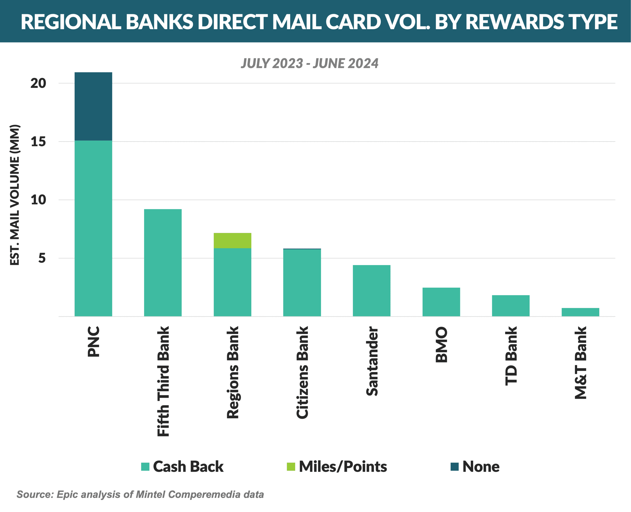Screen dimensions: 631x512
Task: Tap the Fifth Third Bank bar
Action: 163,263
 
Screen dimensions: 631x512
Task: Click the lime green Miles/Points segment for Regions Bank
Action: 232,241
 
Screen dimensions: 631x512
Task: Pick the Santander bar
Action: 371,291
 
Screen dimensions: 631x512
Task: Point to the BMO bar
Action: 441,302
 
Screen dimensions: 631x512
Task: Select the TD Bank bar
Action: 511,306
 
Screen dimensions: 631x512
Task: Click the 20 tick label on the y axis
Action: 38,83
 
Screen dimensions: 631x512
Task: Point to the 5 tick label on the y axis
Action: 42,258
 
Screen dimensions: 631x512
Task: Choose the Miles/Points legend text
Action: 343,467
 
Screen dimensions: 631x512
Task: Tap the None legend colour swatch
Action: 455,467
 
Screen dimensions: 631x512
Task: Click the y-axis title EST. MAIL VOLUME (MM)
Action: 14,195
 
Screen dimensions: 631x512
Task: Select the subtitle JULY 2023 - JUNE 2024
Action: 309,63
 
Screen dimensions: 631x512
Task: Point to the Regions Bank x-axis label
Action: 233,372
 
